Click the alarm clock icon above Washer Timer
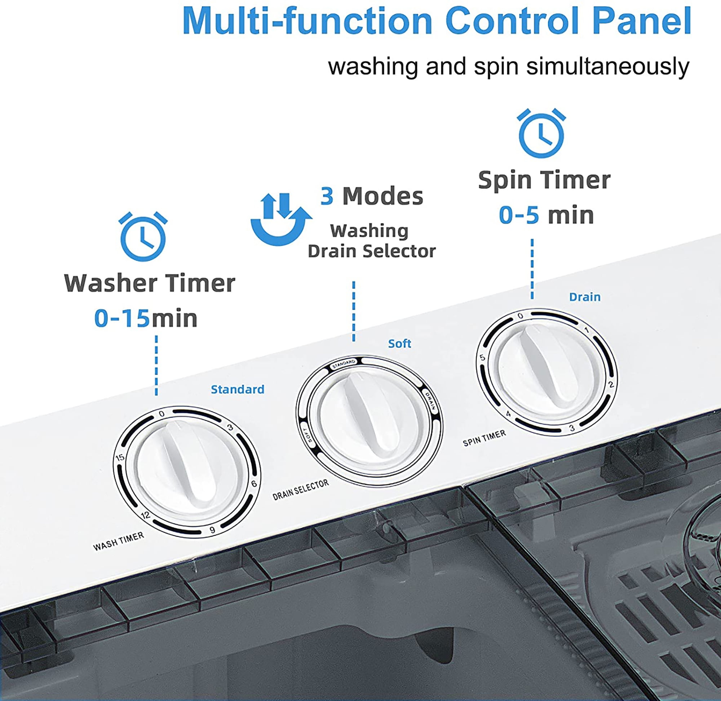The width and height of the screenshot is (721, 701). [x=143, y=236]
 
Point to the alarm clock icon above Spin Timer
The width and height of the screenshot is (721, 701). [x=541, y=133]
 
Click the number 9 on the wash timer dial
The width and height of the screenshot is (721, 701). [x=212, y=530]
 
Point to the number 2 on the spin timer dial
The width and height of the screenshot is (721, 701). [x=611, y=385]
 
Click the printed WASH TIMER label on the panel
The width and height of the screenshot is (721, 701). [x=119, y=542]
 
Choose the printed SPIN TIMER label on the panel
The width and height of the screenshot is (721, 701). [x=484, y=438]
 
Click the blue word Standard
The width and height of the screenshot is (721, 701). [x=238, y=390]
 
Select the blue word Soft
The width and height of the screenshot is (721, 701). [x=399, y=343]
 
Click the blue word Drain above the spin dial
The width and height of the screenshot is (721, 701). [x=585, y=297]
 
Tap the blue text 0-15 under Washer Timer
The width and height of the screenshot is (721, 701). [x=122, y=318]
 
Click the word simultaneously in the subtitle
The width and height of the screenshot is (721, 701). [x=608, y=67]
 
